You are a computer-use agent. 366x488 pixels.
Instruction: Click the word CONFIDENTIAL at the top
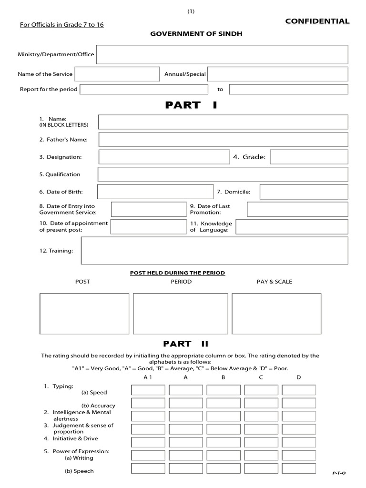tap(317, 21)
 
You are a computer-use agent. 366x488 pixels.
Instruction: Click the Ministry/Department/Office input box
tap(222, 54)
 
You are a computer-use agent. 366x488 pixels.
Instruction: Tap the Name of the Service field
tap(117, 74)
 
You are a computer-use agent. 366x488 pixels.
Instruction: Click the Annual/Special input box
tap(278, 74)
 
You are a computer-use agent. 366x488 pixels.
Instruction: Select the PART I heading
tap(191, 105)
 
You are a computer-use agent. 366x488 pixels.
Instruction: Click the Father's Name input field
tap(223, 140)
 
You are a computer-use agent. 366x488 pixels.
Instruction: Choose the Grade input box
tap(309, 157)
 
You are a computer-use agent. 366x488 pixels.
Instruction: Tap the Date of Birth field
tap(155, 192)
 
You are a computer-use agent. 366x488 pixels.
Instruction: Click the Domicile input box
tap(304, 192)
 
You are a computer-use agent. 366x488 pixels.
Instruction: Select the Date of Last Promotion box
tap(297, 209)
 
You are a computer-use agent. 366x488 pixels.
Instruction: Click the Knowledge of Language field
tap(292, 227)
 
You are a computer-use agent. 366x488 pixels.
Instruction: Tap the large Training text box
tap(214, 250)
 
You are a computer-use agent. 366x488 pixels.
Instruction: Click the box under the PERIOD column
tap(181, 314)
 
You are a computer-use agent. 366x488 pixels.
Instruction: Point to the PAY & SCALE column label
tap(274, 282)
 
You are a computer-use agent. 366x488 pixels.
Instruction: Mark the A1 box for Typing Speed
tap(148, 390)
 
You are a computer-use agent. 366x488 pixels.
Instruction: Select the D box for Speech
tap(299, 468)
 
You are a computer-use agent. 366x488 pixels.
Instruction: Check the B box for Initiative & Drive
tap(223, 442)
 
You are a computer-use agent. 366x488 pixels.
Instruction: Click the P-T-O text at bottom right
tap(338, 473)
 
